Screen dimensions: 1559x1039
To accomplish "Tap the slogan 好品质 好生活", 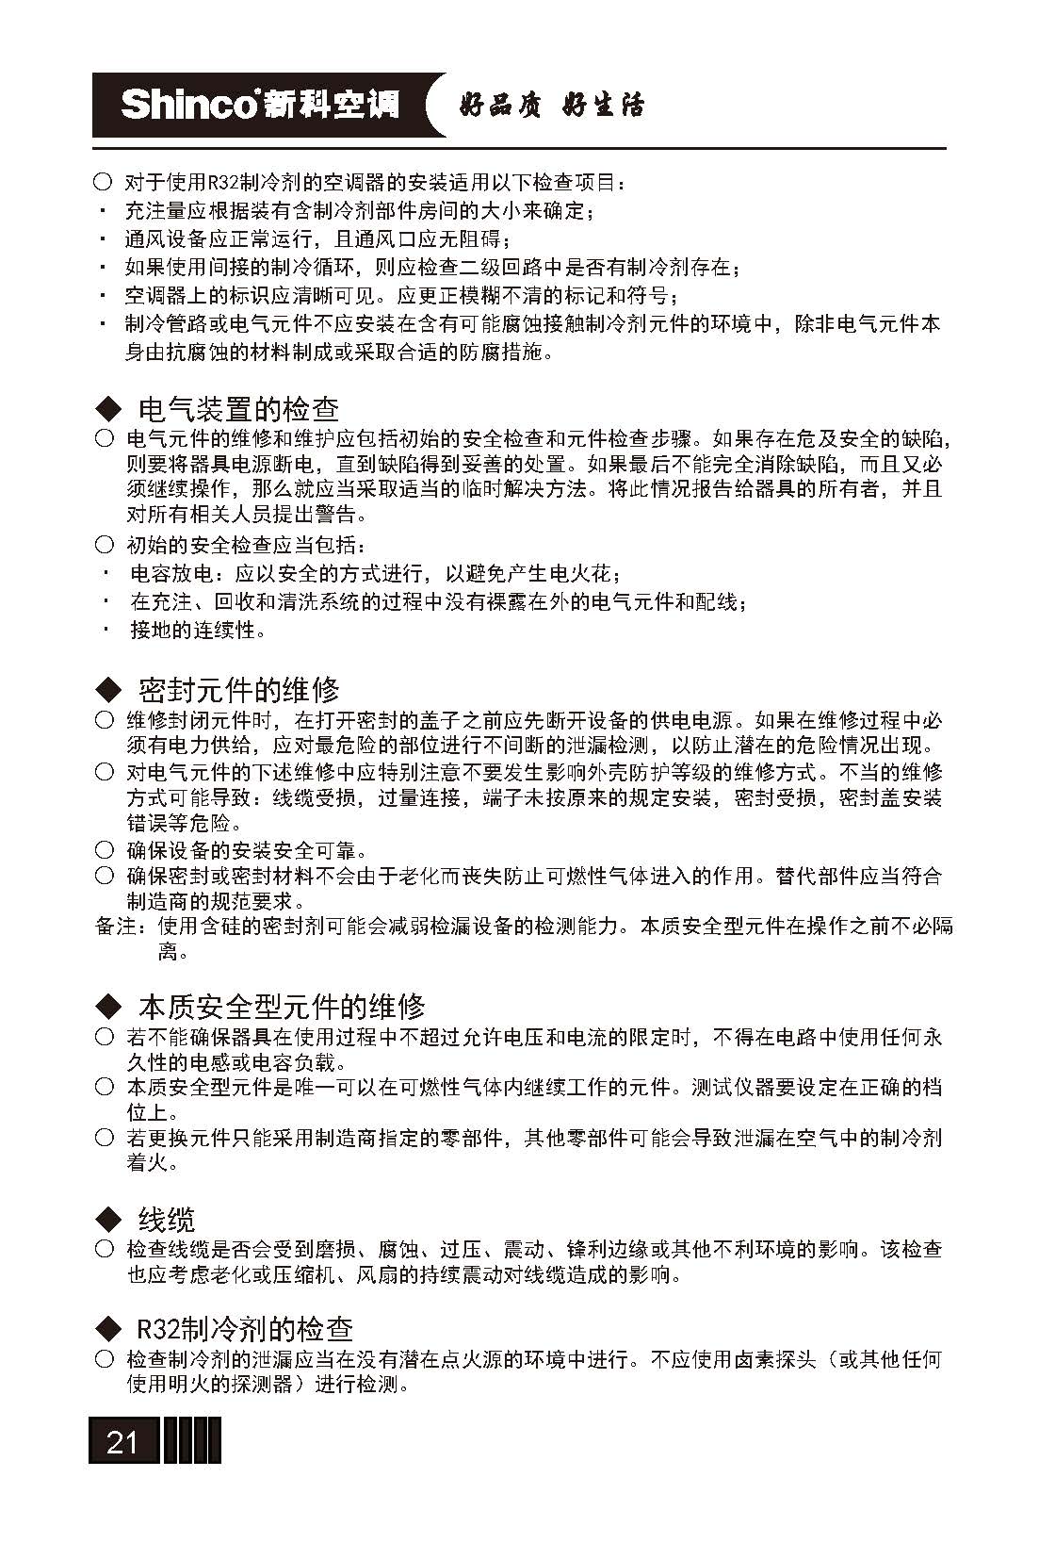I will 551,106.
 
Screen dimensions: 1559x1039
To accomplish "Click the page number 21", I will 122,1442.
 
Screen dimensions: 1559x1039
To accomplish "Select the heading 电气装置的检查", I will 238,409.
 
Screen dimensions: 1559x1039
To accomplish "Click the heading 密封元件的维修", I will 238,690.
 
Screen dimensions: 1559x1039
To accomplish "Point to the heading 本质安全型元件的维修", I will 282,1007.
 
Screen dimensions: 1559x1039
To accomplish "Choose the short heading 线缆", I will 167,1220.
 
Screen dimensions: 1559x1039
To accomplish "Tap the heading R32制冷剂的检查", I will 245,1329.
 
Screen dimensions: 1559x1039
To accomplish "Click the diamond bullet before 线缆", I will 109,1220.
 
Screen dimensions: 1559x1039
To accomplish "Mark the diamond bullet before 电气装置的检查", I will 109,409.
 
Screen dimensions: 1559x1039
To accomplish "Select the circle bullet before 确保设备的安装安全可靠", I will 105,850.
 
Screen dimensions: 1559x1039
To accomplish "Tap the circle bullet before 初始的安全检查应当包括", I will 105,545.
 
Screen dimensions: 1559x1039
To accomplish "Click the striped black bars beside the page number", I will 192,1441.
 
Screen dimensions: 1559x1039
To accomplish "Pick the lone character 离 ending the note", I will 168,952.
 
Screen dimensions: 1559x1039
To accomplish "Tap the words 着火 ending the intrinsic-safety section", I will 151,1163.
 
